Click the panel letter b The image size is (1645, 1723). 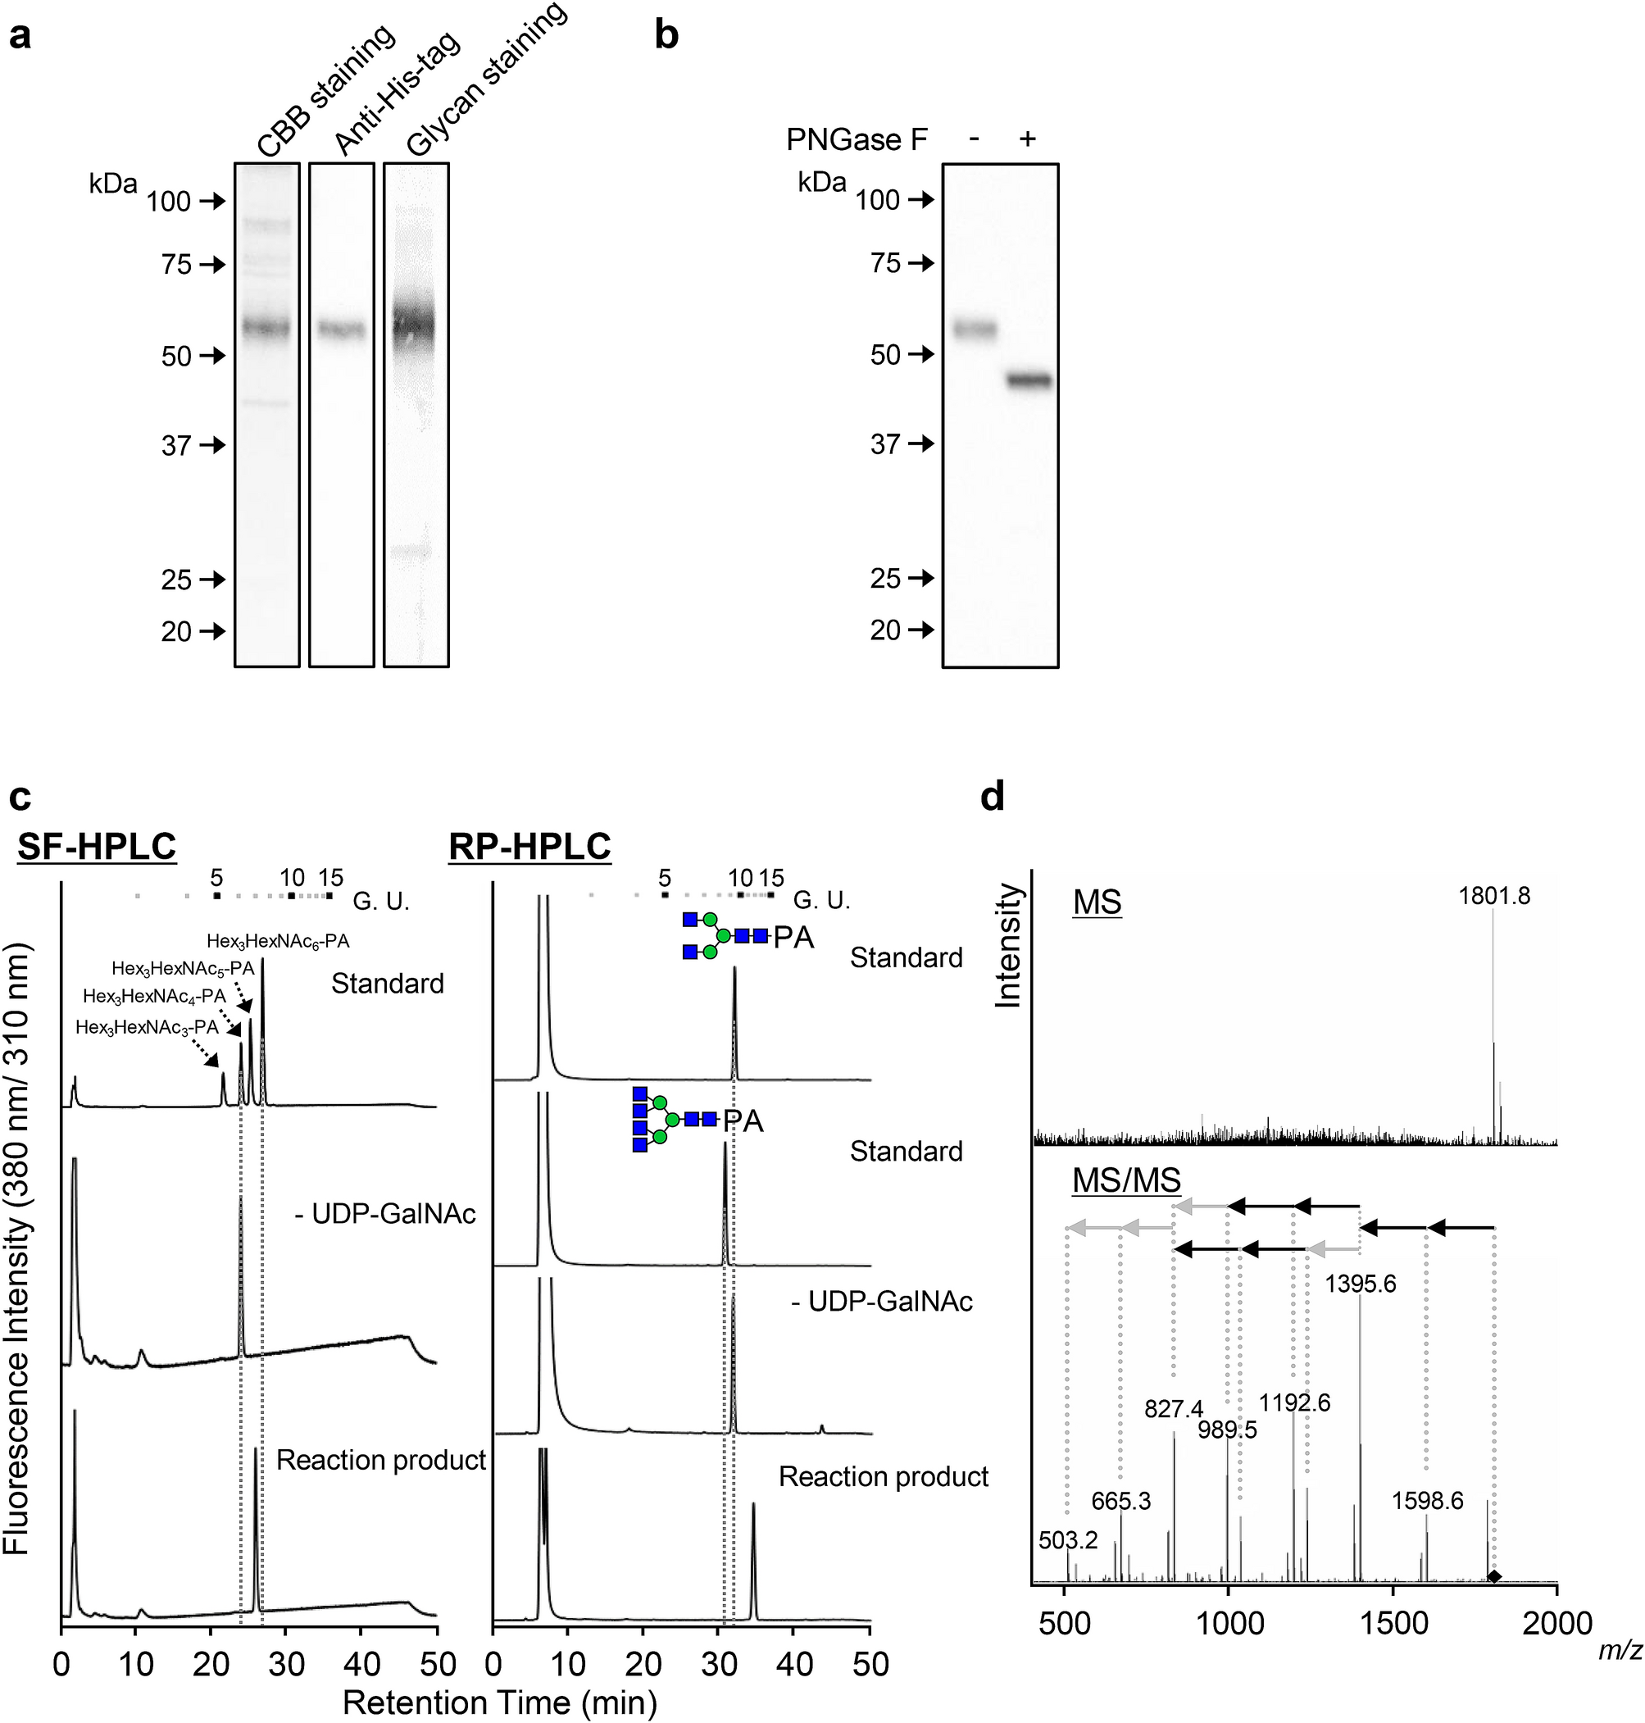coord(666,38)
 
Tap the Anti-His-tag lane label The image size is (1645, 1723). coord(398,93)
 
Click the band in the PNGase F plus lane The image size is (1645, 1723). coord(1028,380)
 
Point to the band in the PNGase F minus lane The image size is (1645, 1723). coord(975,330)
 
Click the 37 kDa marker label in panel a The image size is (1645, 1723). coord(176,446)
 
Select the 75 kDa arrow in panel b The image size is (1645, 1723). coord(920,263)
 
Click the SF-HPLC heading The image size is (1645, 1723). coord(97,847)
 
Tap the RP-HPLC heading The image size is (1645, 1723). coord(529,847)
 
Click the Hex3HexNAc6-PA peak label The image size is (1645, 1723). coord(278,942)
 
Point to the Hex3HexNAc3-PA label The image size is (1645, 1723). coord(147,1028)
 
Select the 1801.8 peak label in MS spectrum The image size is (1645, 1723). coord(1494,896)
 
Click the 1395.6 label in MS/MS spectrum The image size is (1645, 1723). coord(1360,1284)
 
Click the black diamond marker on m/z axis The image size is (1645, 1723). coord(1494,1577)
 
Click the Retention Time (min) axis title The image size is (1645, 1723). coord(500,1703)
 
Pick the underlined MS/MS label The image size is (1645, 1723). coord(1126,1180)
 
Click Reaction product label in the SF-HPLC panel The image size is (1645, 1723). coord(380,1460)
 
